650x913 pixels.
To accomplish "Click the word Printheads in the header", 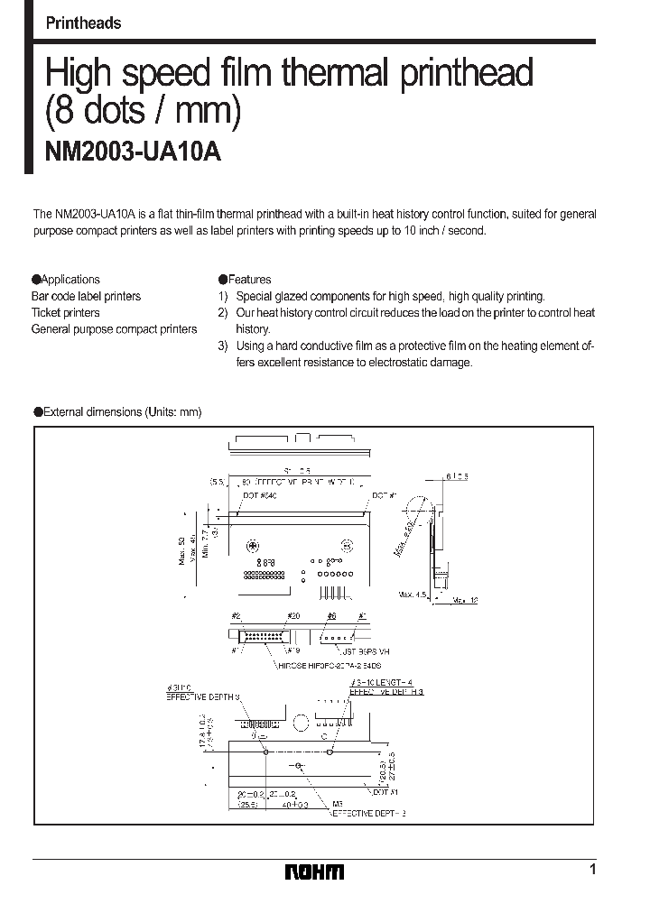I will pos(83,23).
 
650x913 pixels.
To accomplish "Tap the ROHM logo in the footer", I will pos(314,871).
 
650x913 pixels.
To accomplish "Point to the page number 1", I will pos(592,870).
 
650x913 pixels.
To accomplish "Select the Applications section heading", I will pos(66,280).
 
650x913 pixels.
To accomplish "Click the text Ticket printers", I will pos(66,313).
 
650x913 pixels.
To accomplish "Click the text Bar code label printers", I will pos(87,296).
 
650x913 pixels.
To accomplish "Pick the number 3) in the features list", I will pos(223,346).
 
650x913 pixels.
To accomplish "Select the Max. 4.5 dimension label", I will pos(413,595).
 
